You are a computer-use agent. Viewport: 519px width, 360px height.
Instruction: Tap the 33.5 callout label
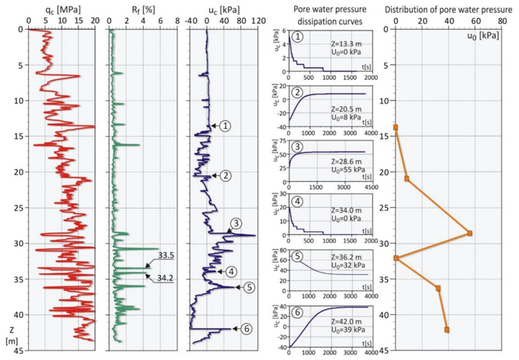tap(168, 254)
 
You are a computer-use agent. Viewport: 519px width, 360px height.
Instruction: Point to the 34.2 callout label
tap(168, 277)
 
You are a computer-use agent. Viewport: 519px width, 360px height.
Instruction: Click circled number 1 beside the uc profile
tap(226, 125)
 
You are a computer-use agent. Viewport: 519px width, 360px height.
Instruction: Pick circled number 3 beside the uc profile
tap(234, 224)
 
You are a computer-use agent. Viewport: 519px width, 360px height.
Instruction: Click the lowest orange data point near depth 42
tap(447, 330)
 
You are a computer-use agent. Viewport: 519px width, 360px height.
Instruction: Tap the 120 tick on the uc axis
tap(255, 22)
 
